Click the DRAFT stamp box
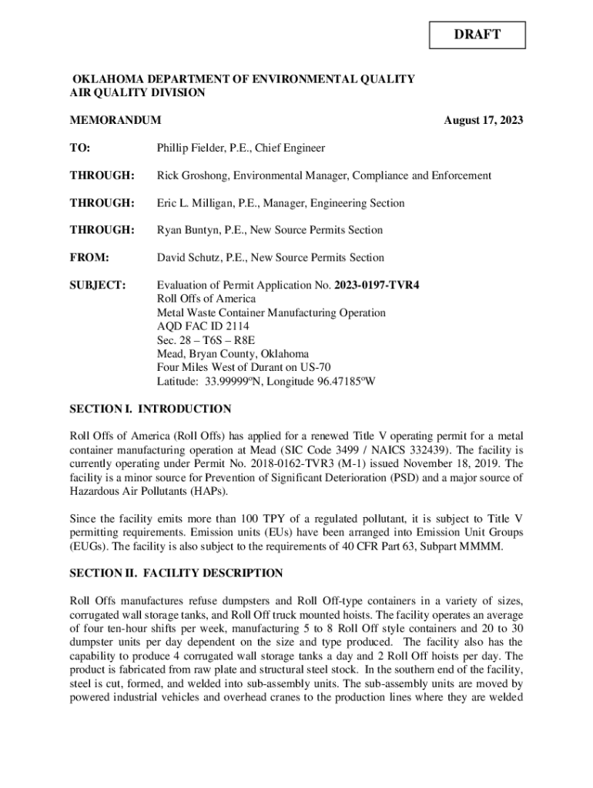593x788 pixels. (x=478, y=35)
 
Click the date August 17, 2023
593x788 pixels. (x=484, y=121)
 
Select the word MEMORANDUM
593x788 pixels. (x=116, y=121)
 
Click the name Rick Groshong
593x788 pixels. (x=189, y=175)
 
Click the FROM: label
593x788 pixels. (x=89, y=258)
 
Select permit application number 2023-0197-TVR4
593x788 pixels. (x=377, y=285)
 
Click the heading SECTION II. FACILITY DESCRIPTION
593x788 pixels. (x=176, y=574)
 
